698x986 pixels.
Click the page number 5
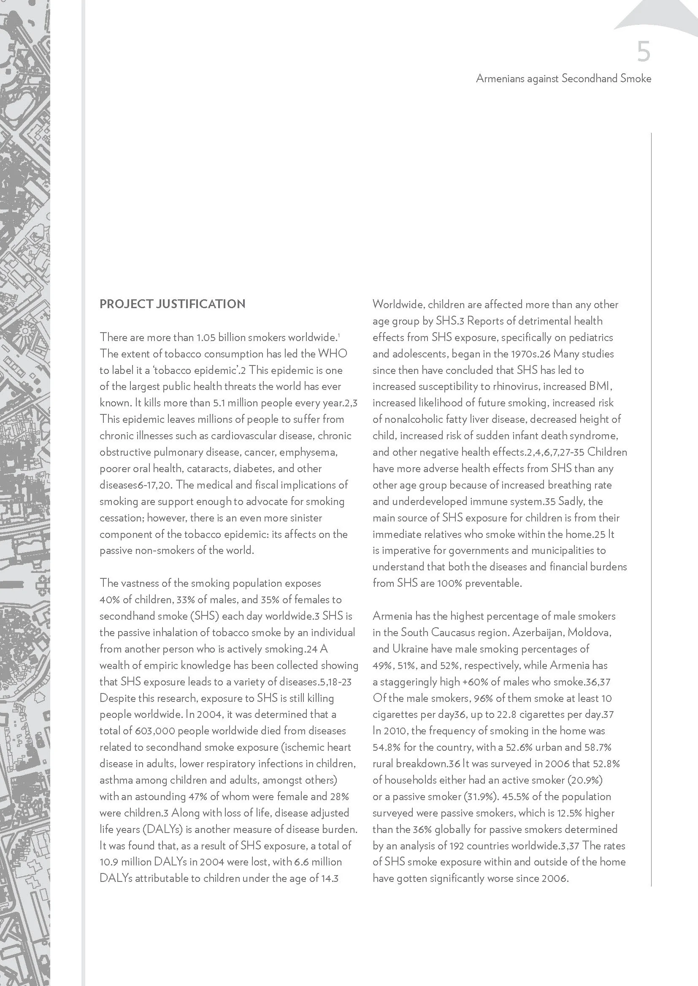coord(644,52)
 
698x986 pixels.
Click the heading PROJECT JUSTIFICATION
coord(172,304)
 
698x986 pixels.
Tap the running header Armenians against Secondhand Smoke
coord(563,78)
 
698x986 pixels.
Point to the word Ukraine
coord(408,648)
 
